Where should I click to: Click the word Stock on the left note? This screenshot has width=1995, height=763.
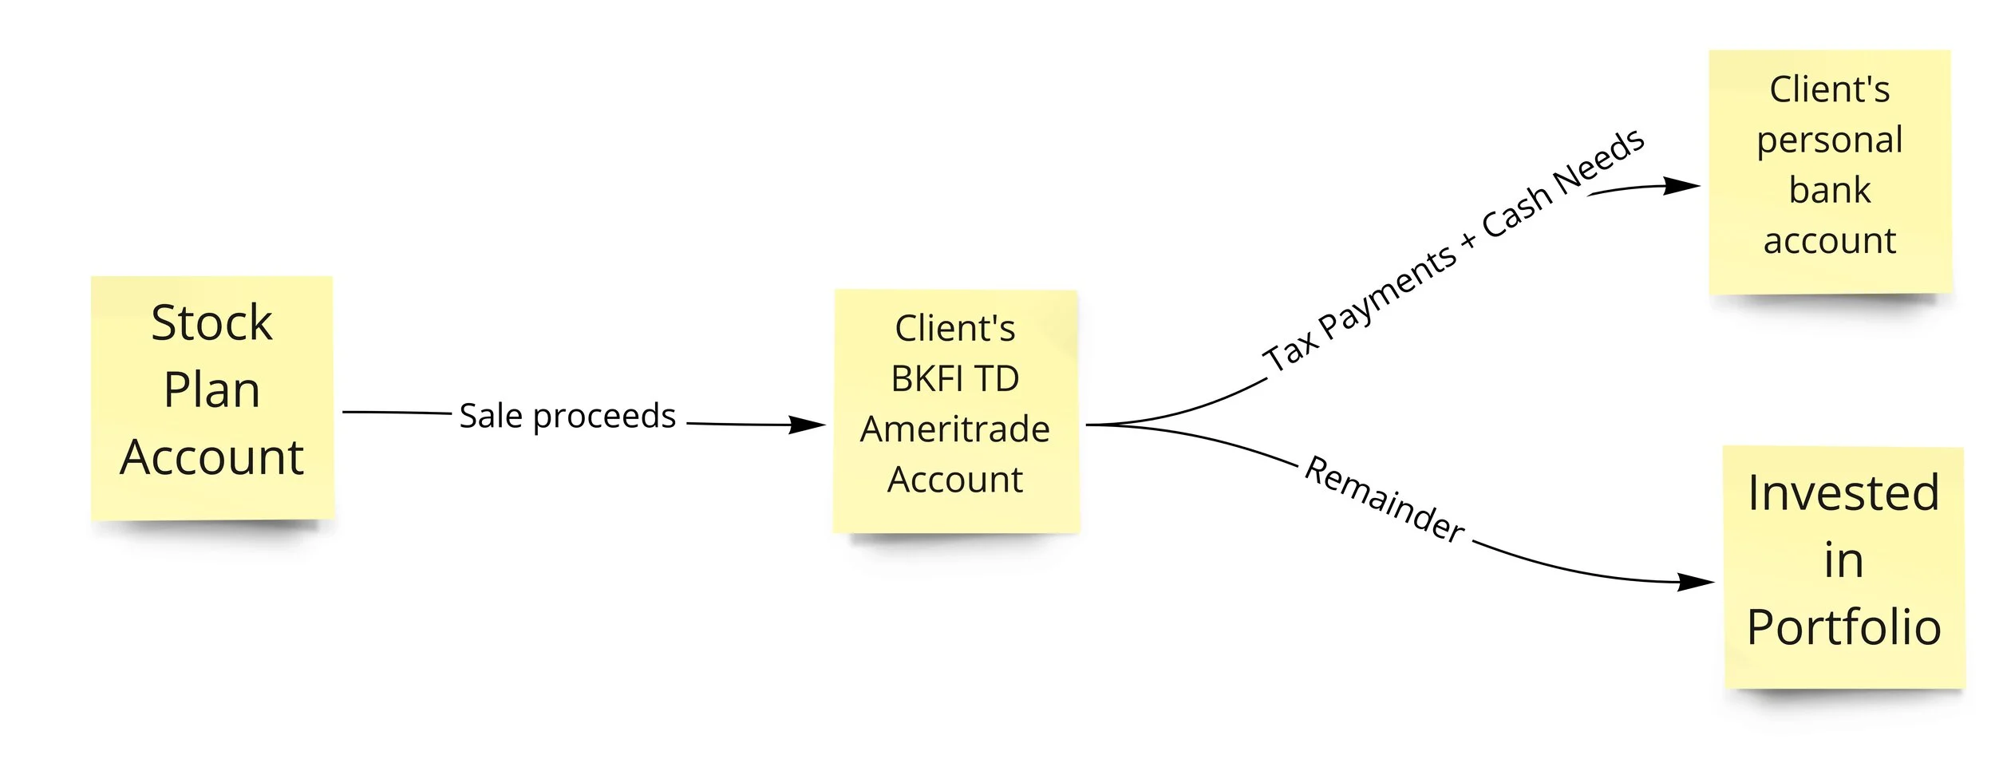tap(211, 323)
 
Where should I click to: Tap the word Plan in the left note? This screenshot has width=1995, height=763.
tap(211, 390)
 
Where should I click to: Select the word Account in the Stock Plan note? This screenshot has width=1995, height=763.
tap(211, 457)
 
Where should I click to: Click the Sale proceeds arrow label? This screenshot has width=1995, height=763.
tap(567, 416)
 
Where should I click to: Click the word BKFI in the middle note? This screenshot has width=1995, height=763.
tap(926, 379)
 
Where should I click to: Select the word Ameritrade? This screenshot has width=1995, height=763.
tap(955, 429)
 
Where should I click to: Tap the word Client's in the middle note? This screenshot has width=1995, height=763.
tap(955, 329)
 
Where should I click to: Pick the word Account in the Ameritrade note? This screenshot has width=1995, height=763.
tap(955, 480)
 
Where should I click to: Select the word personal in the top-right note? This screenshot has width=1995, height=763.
tap(1830, 140)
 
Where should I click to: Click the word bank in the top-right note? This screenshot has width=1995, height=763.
tap(1830, 191)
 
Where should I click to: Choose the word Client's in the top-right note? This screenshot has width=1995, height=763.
tap(1830, 89)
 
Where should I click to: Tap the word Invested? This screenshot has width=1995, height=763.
tap(1843, 492)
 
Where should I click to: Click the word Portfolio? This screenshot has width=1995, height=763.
tap(1843, 627)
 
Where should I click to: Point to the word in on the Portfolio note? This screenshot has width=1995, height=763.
tap(1843, 560)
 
